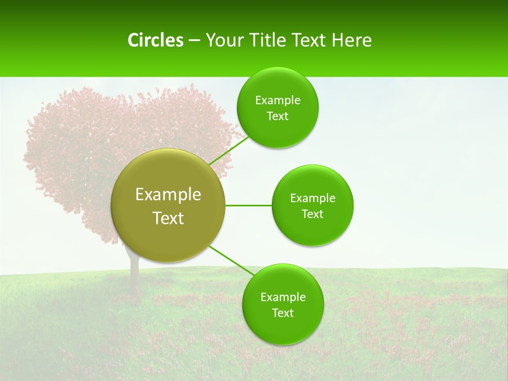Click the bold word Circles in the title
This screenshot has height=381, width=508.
(155, 40)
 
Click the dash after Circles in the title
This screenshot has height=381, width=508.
(194, 41)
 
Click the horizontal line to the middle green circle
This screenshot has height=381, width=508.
(248, 205)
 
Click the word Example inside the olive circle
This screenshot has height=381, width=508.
(168, 195)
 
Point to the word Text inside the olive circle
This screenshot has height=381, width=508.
(168, 218)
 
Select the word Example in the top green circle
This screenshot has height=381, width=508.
(277, 101)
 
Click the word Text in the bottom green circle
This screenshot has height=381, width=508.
(283, 313)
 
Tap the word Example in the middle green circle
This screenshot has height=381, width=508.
(312, 198)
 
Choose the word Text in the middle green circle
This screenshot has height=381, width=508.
(312, 214)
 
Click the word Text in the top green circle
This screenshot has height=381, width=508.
(277, 116)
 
